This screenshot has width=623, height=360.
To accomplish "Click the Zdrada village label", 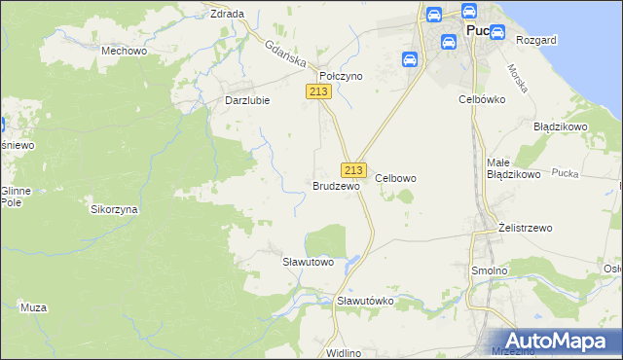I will click(227, 14).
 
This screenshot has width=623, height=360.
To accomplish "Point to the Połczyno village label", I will click(342, 75).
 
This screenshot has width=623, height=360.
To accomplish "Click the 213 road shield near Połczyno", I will click(318, 91).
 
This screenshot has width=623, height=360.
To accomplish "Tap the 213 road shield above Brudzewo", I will click(353, 168).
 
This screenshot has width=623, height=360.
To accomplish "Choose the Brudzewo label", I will click(336, 185).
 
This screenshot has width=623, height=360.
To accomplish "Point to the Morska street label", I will click(517, 78).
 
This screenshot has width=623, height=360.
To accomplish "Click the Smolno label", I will click(489, 270).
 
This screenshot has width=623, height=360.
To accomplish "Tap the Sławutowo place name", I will click(308, 262).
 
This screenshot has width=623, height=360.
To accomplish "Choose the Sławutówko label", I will click(365, 301).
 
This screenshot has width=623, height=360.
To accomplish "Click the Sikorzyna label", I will click(114, 209).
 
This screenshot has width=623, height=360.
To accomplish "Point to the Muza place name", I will click(33, 307).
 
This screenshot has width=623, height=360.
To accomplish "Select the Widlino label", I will click(345, 352).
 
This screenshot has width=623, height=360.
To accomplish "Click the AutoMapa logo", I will click(558, 341).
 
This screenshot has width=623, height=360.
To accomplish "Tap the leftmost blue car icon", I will click(410, 59).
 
